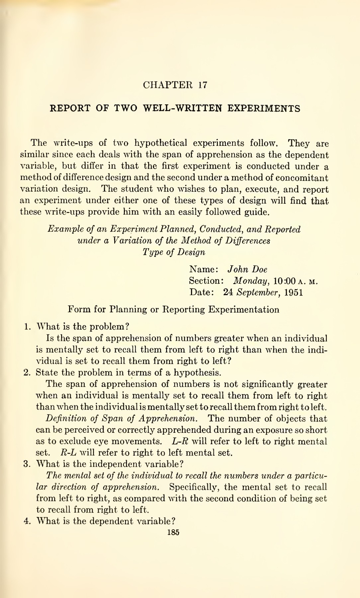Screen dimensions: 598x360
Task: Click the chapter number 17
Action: pos(203,85)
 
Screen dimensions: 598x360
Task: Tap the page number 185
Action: pos(173,532)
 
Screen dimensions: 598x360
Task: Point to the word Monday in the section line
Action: pos(250,281)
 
